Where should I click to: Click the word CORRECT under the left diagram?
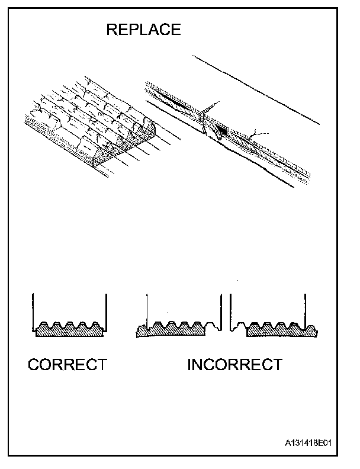67,364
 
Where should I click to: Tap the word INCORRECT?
234,364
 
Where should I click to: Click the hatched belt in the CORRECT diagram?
69,332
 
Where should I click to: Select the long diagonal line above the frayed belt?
255,89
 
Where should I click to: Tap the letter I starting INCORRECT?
189,364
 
